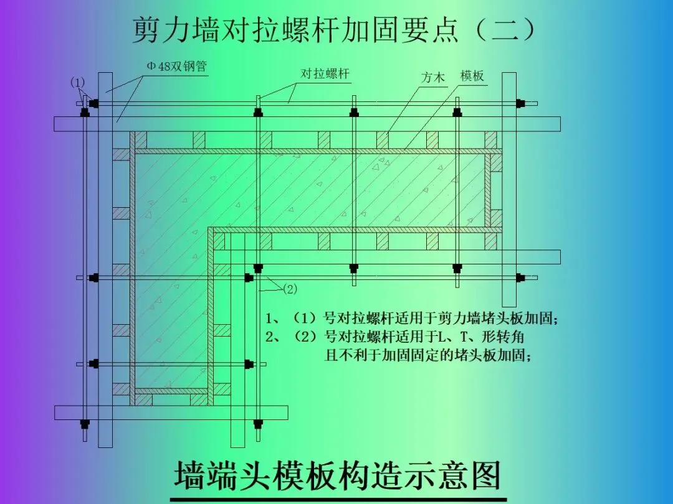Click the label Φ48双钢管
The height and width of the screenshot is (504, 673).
coord(176,67)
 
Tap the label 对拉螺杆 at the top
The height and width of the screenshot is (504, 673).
coord(325,74)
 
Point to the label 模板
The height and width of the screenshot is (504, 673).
coord(472,77)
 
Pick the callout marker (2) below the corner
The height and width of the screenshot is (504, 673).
coord(290,289)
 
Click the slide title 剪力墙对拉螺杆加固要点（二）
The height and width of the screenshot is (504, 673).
coord(334,30)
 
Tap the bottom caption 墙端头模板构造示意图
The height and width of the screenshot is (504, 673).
coord(337,476)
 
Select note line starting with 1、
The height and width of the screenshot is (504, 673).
coord(412,319)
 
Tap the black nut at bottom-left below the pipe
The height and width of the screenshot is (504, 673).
coord(85,426)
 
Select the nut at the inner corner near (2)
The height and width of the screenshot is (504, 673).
coord(257,268)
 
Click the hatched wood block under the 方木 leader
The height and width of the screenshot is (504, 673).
coord(383,140)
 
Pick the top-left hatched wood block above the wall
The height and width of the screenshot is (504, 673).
coord(138,140)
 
